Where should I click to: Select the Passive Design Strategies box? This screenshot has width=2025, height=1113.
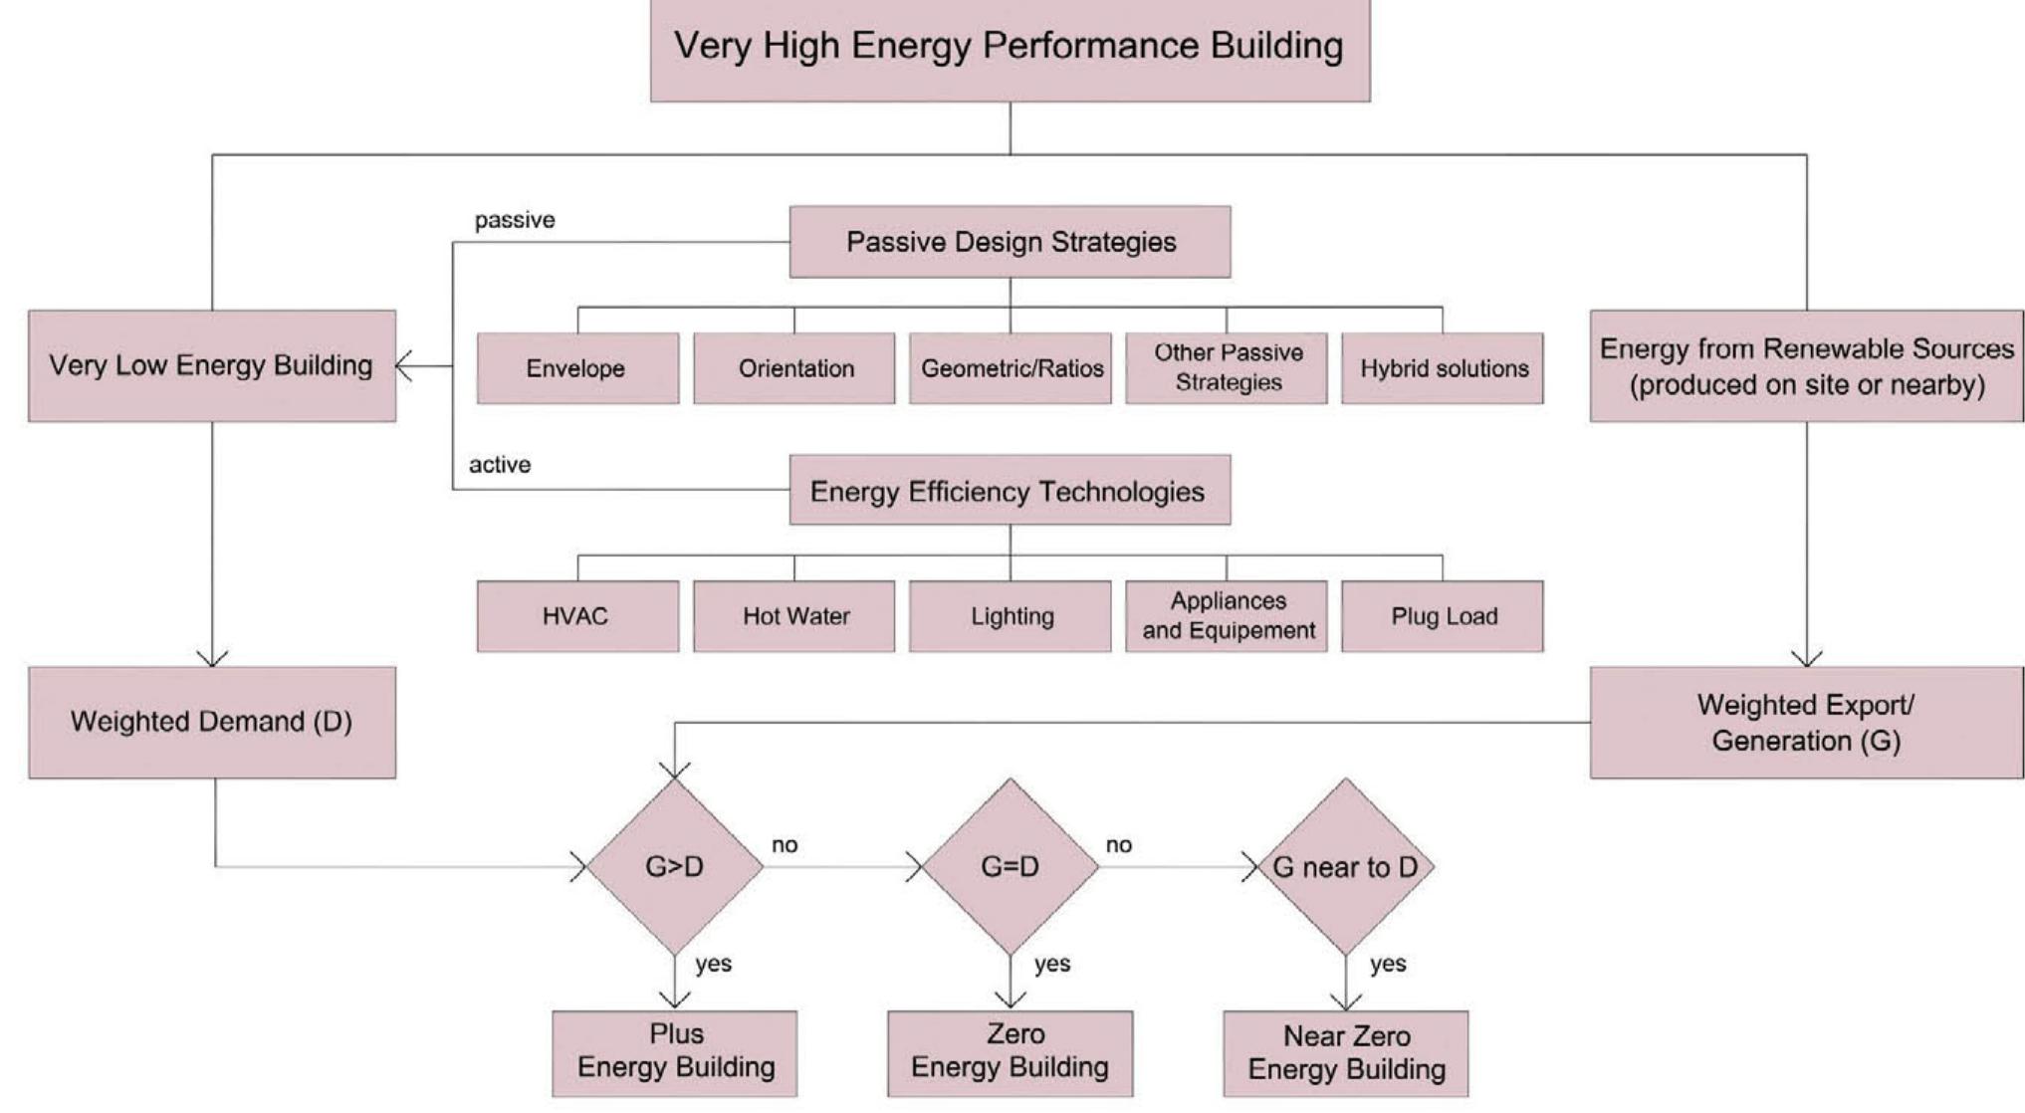coord(1010,242)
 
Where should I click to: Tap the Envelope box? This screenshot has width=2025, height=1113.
coord(577,368)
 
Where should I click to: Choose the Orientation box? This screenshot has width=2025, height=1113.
coord(794,368)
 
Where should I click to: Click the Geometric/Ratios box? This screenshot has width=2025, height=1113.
coord(1011,368)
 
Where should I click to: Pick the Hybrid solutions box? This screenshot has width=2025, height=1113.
coord(1443,368)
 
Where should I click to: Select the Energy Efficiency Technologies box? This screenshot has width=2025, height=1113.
coord(1010,491)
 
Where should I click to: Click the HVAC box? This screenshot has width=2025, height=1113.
coord(577,616)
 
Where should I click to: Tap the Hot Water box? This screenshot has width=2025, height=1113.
coord(794,616)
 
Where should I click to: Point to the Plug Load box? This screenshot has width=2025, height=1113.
coord(1443,616)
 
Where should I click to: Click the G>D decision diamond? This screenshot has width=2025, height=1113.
coord(675,866)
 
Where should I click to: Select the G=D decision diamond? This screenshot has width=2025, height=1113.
coord(1011,866)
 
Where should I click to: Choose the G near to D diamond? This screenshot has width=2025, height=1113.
coord(1346,866)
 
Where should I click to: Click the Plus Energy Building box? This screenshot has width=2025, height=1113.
coord(675,1053)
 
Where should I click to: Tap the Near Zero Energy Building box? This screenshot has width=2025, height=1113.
coord(1346,1053)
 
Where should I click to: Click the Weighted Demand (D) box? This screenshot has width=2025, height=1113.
coord(212,722)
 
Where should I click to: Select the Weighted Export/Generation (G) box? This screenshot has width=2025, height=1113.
coord(1806,722)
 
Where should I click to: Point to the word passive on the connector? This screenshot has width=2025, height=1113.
coord(515,220)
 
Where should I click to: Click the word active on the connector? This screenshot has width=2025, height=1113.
coord(500,465)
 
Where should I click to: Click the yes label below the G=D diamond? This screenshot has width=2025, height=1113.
coord(1051,964)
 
